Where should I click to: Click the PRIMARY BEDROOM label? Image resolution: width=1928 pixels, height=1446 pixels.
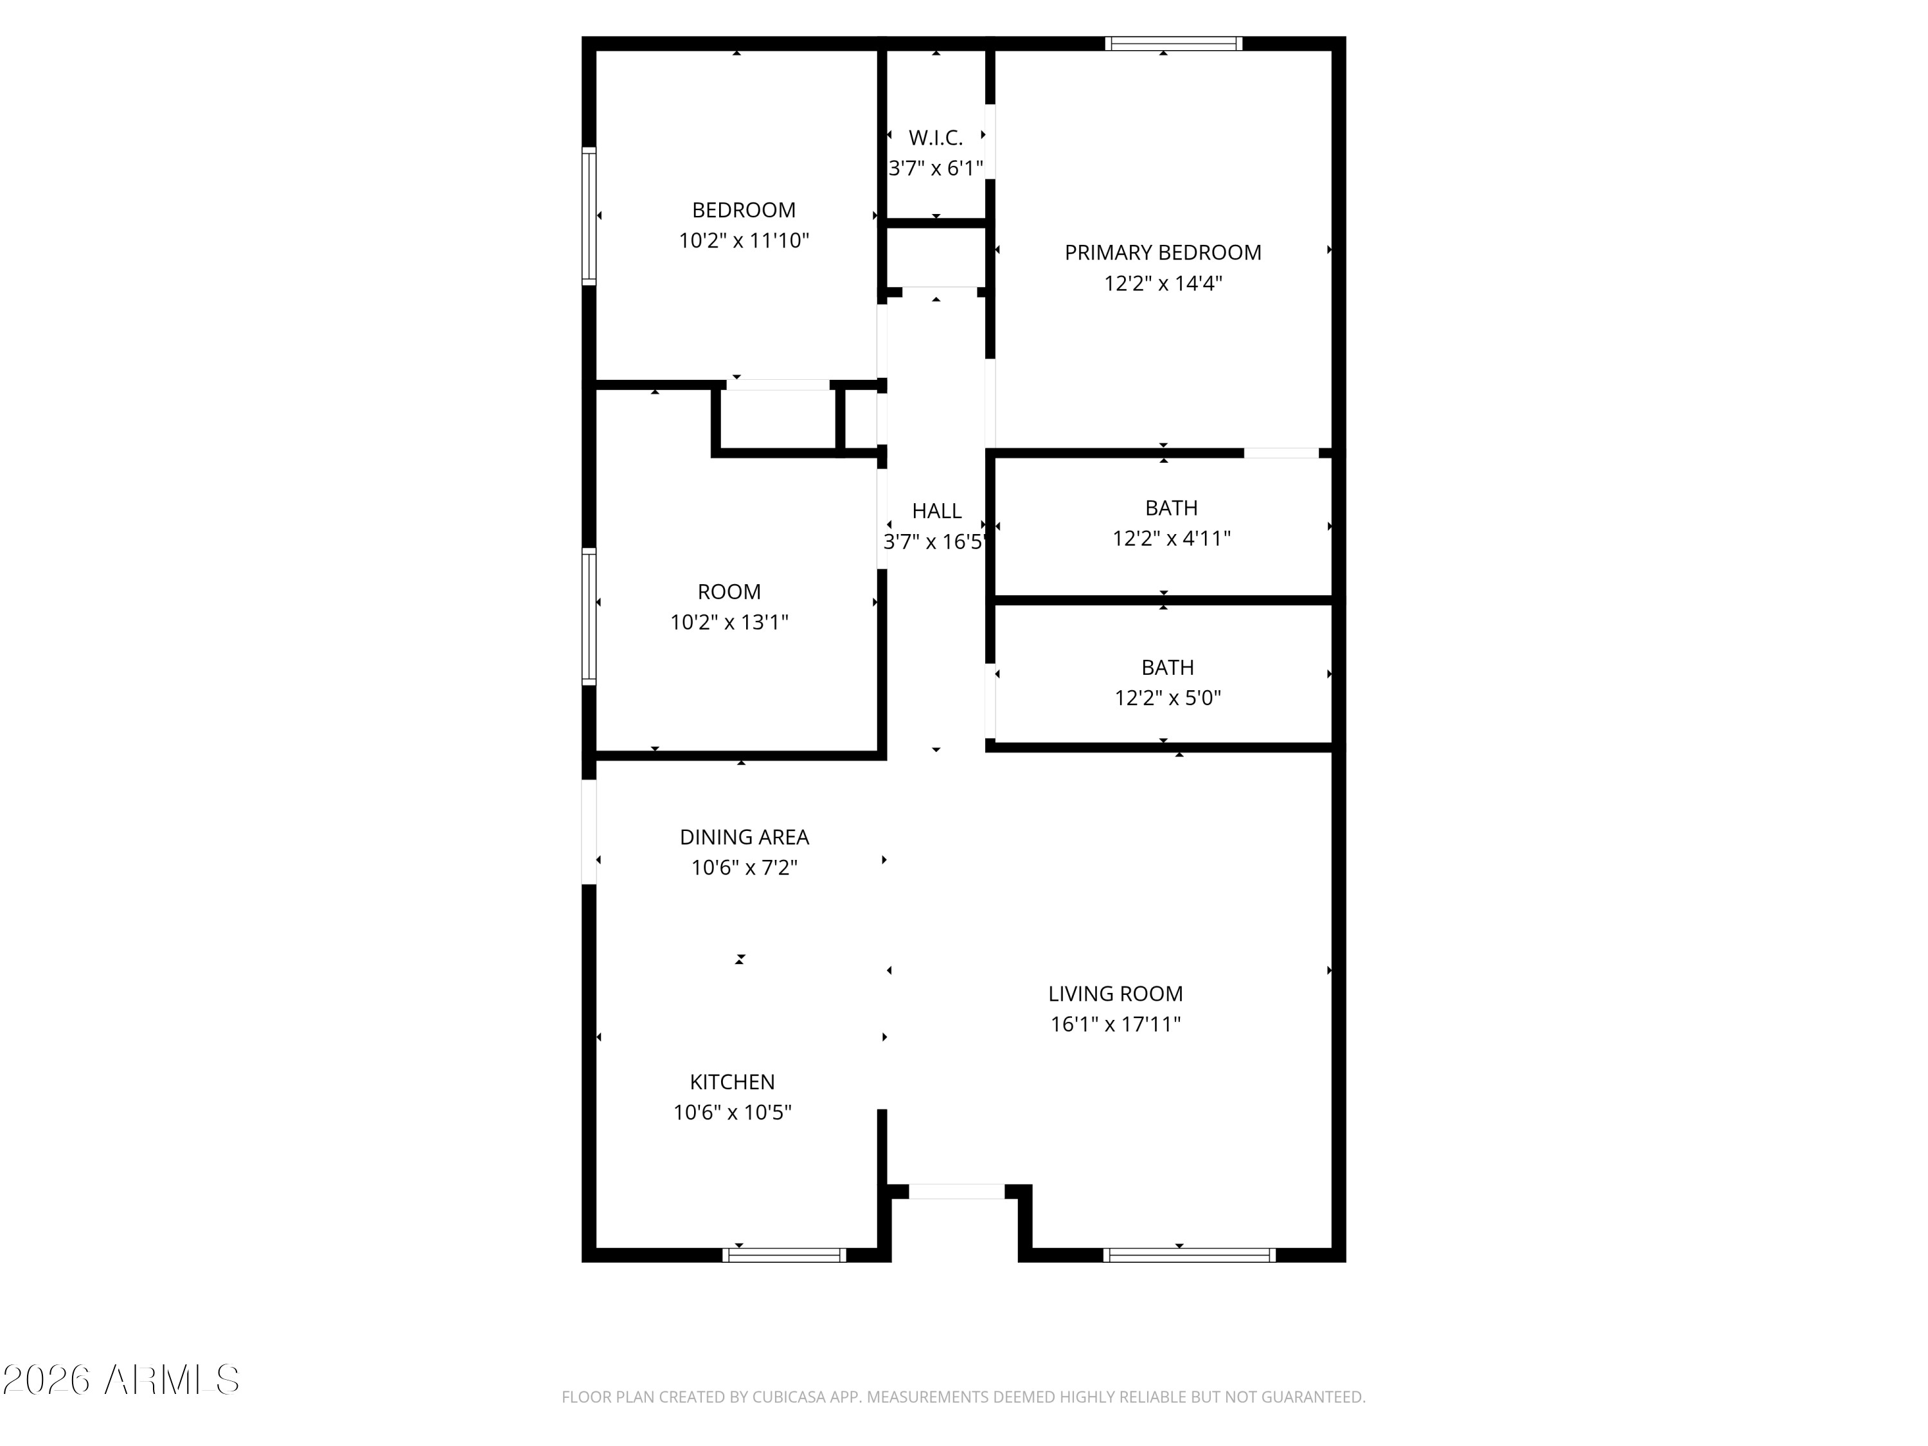[1163, 253]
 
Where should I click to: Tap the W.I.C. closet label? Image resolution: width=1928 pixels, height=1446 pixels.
[935, 138]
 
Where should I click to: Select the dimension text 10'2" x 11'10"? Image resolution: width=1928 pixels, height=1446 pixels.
[744, 240]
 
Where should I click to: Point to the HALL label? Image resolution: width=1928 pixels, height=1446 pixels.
[936, 511]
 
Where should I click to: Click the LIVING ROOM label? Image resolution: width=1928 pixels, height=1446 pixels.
[1115, 994]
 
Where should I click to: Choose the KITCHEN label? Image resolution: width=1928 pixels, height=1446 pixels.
[732, 1082]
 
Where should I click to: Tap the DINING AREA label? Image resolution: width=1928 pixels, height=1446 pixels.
[744, 837]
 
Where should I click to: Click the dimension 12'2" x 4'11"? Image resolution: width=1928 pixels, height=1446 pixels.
[1170, 539]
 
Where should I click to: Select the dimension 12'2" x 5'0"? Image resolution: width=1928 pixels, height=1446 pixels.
[1167, 698]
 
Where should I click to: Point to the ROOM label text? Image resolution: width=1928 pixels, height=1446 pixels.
[729, 592]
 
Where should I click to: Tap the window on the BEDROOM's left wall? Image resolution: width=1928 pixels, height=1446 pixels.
[589, 215]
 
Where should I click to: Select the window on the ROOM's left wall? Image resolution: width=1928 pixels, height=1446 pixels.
[589, 616]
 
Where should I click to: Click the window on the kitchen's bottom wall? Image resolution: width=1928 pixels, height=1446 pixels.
[783, 1255]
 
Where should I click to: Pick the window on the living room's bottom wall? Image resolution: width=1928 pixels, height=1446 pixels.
[1189, 1255]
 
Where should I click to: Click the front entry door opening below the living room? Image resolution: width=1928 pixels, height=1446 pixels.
[956, 1192]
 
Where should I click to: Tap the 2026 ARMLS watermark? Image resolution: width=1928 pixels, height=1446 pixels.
[121, 1380]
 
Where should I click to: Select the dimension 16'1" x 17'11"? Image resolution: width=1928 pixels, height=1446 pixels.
[1115, 1024]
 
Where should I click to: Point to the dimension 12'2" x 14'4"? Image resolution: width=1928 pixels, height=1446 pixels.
[1163, 283]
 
